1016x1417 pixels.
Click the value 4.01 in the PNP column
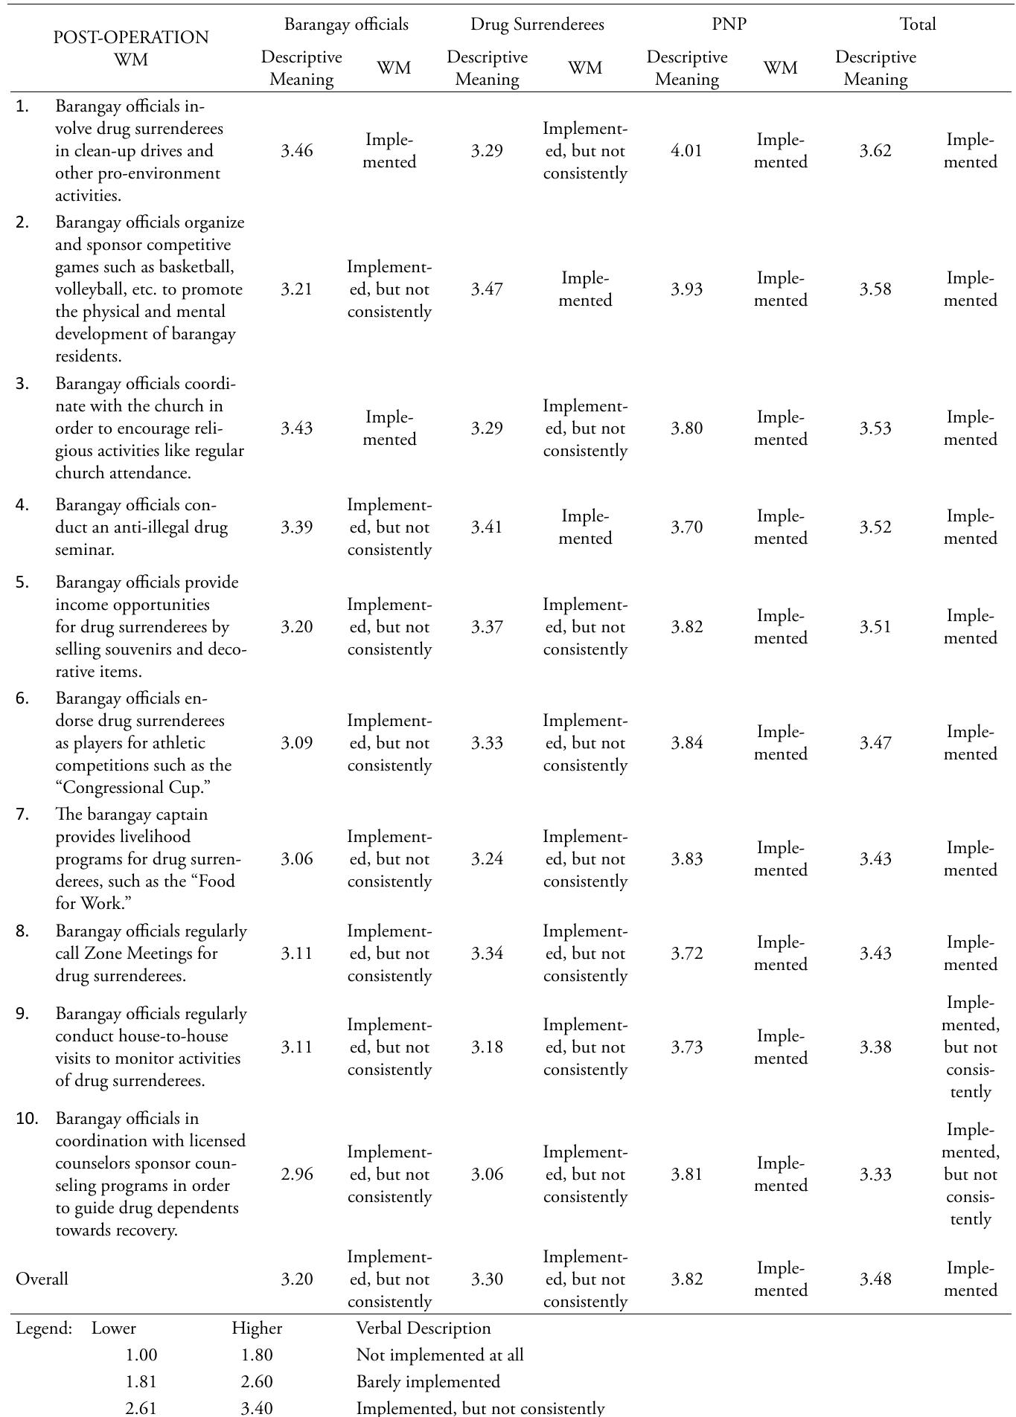click(x=686, y=151)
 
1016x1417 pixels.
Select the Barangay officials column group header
click(x=346, y=25)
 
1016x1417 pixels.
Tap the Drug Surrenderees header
click(x=537, y=25)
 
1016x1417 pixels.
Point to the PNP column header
click(x=729, y=25)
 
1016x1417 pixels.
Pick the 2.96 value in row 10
click(x=296, y=1175)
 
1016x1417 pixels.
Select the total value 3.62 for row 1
click(x=875, y=151)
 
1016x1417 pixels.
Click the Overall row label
click(x=42, y=1279)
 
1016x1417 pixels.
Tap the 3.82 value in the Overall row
click(x=686, y=1279)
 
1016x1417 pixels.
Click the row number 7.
click(x=22, y=814)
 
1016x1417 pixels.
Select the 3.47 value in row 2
click(x=487, y=289)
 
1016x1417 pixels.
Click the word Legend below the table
click(x=43, y=1328)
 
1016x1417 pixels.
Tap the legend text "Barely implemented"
click(x=428, y=1382)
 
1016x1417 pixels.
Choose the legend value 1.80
click(x=257, y=1355)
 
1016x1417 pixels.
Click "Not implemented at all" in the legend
click(x=440, y=1355)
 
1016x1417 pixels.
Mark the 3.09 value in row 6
click(x=296, y=743)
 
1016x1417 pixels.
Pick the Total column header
click(x=918, y=25)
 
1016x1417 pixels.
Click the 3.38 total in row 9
click(x=875, y=1047)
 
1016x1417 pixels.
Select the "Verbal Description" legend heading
click(x=424, y=1328)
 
